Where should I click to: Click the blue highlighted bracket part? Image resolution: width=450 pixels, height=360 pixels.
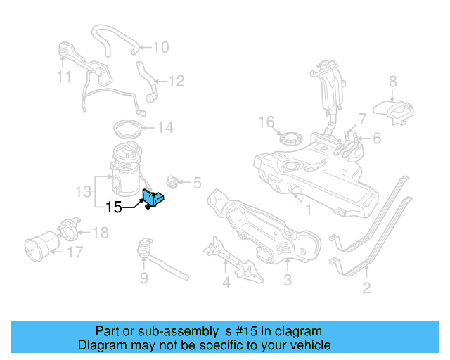[x=153, y=199]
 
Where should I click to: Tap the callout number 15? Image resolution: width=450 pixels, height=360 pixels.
[x=114, y=207]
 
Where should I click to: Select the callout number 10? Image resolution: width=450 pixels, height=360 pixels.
[x=161, y=47]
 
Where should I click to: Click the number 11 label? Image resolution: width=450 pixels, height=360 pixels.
[x=64, y=75]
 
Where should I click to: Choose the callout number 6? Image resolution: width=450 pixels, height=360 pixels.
[x=377, y=139]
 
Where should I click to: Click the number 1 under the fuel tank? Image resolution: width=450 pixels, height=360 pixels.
[x=307, y=209]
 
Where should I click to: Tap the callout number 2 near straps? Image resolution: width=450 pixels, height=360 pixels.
[x=366, y=286]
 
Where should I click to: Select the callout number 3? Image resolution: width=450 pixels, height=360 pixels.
[x=287, y=282]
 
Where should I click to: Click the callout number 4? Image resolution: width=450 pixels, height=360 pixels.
[x=225, y=283]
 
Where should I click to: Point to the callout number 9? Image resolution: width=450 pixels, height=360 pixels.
[x=143, y=278]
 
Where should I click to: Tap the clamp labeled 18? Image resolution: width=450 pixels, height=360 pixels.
[x=67, y=229]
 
